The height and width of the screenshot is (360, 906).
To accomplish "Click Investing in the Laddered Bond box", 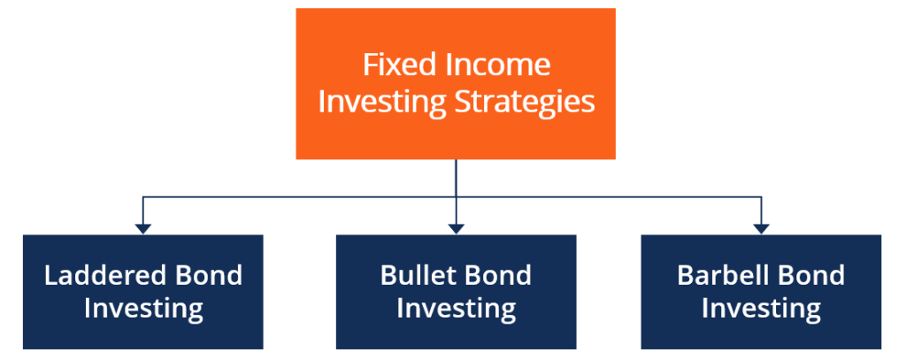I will [x=143, y=309].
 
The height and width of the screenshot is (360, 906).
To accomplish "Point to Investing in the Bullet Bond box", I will [x=456, y=309].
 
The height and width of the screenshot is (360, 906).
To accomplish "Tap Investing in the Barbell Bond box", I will [x=761, y=309].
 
